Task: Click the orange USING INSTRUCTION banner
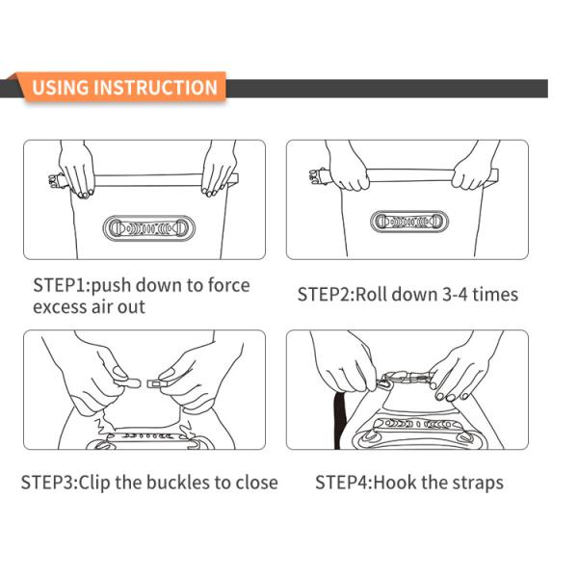(124, 88)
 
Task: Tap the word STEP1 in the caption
(60, 285)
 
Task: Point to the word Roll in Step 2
(371, 295)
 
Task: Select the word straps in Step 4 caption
(478, 484)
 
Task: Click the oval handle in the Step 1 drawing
(148, 228)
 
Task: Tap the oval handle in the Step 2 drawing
(409, 222)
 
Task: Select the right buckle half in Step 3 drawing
(158, 383)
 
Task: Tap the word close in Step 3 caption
(256, 483)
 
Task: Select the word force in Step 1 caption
(229, 285)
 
